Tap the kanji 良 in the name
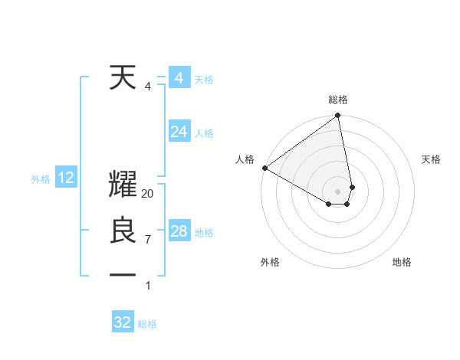pos(123,231)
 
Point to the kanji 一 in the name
pos(123,274)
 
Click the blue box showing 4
pos(179,78)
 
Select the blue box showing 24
pos(179,132)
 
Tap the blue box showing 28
pos(179,231)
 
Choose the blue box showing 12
pos(66,178)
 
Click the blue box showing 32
pos(123,322)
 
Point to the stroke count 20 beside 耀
pos(148,194)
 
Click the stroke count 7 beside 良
pos(147,239)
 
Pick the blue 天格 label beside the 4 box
pos(204,80)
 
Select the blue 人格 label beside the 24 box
pos(204,133)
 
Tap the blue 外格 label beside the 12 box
pos(41,179)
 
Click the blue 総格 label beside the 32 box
pos(147,324)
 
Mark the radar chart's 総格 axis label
pos(338,100)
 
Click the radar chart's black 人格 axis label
pos(245,159)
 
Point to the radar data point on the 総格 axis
pos(337,116)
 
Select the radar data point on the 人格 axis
pos(264,167)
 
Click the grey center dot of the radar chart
pos(337,190)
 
